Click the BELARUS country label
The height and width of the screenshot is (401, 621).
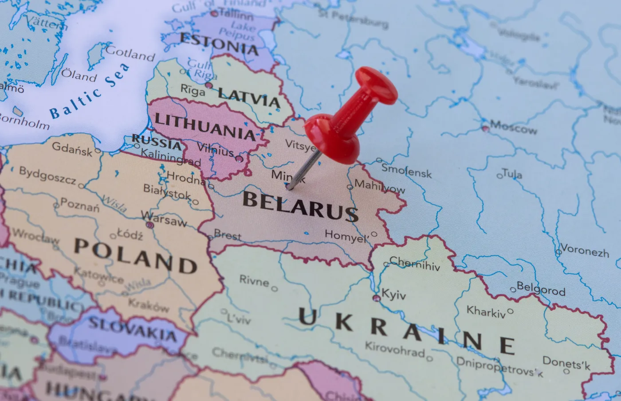tap(300, 206)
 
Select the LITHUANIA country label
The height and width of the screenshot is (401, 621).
tap(205, 126)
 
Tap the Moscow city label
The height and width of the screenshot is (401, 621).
tap(513, 128)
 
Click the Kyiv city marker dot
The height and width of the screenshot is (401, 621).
tap(377, 298)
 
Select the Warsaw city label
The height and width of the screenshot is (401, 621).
tap(164, 219)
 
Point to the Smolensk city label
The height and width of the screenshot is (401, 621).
tap(406, 171)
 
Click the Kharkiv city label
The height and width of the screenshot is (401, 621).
tap(486, 312)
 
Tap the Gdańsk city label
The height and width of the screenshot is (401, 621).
tap(72, 148)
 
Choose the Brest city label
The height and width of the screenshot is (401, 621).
tap(228, 235)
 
